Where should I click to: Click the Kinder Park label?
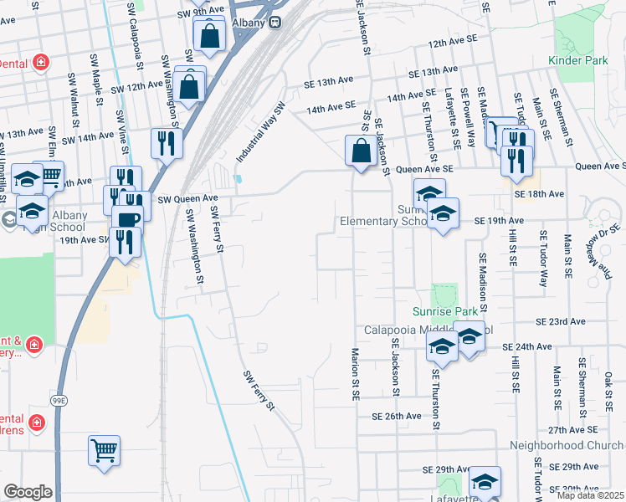point(577,60)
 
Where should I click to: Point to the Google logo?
point(28,492)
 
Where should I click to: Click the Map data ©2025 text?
point(590,495)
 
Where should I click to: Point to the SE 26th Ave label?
point(397,416)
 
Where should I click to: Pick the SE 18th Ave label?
point(540,194)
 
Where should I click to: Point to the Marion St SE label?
point(356,369)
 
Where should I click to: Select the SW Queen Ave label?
point(182,198)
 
